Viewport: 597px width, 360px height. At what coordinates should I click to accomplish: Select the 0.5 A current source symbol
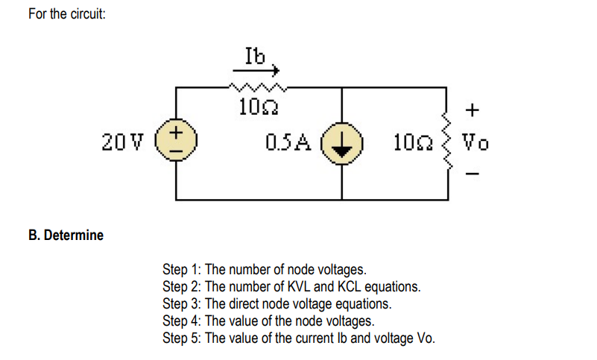(x=342, y=142)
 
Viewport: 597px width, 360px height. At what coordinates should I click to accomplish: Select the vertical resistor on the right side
(x=447, y=142)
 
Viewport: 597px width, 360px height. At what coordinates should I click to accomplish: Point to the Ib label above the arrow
(x=254, y=54)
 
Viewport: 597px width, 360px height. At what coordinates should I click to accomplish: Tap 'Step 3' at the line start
(x=181, y=304)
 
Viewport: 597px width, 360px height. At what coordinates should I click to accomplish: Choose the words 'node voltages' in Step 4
(x=338, y=321)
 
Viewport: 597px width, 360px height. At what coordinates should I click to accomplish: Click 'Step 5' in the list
(x=181, y=338)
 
